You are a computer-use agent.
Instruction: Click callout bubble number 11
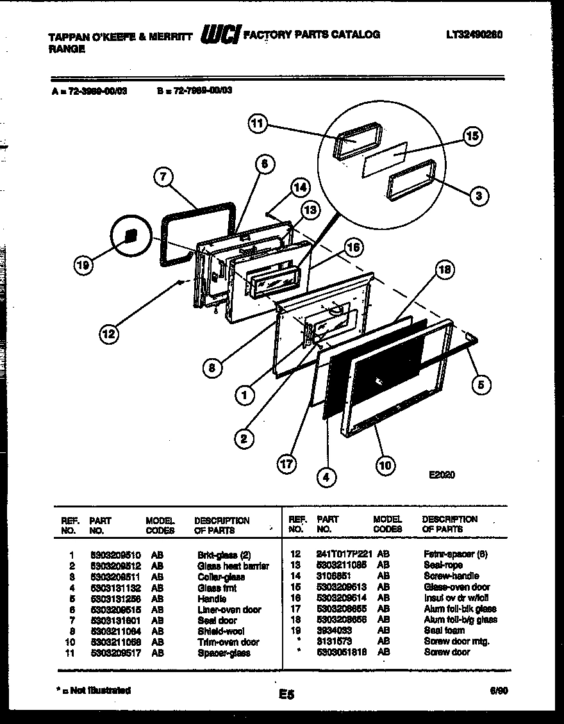(x=257, y=125)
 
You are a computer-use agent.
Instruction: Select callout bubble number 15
(x=472, y=136)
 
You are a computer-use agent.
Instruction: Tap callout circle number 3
(x=478, y=196)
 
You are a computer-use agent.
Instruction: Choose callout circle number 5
(x=481, y=384)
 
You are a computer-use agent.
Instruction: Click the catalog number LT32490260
(x=474, y=35)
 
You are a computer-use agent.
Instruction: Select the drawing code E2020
(x=442, y=475)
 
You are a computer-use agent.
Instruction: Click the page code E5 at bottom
(x=286, y=694)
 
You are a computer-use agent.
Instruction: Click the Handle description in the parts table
(x=211, y=599)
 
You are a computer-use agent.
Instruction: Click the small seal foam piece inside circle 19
(x=131, y=235)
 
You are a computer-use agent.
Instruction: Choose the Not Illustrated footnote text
(x=93, y=690)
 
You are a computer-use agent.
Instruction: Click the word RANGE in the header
(x=67, y=49)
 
